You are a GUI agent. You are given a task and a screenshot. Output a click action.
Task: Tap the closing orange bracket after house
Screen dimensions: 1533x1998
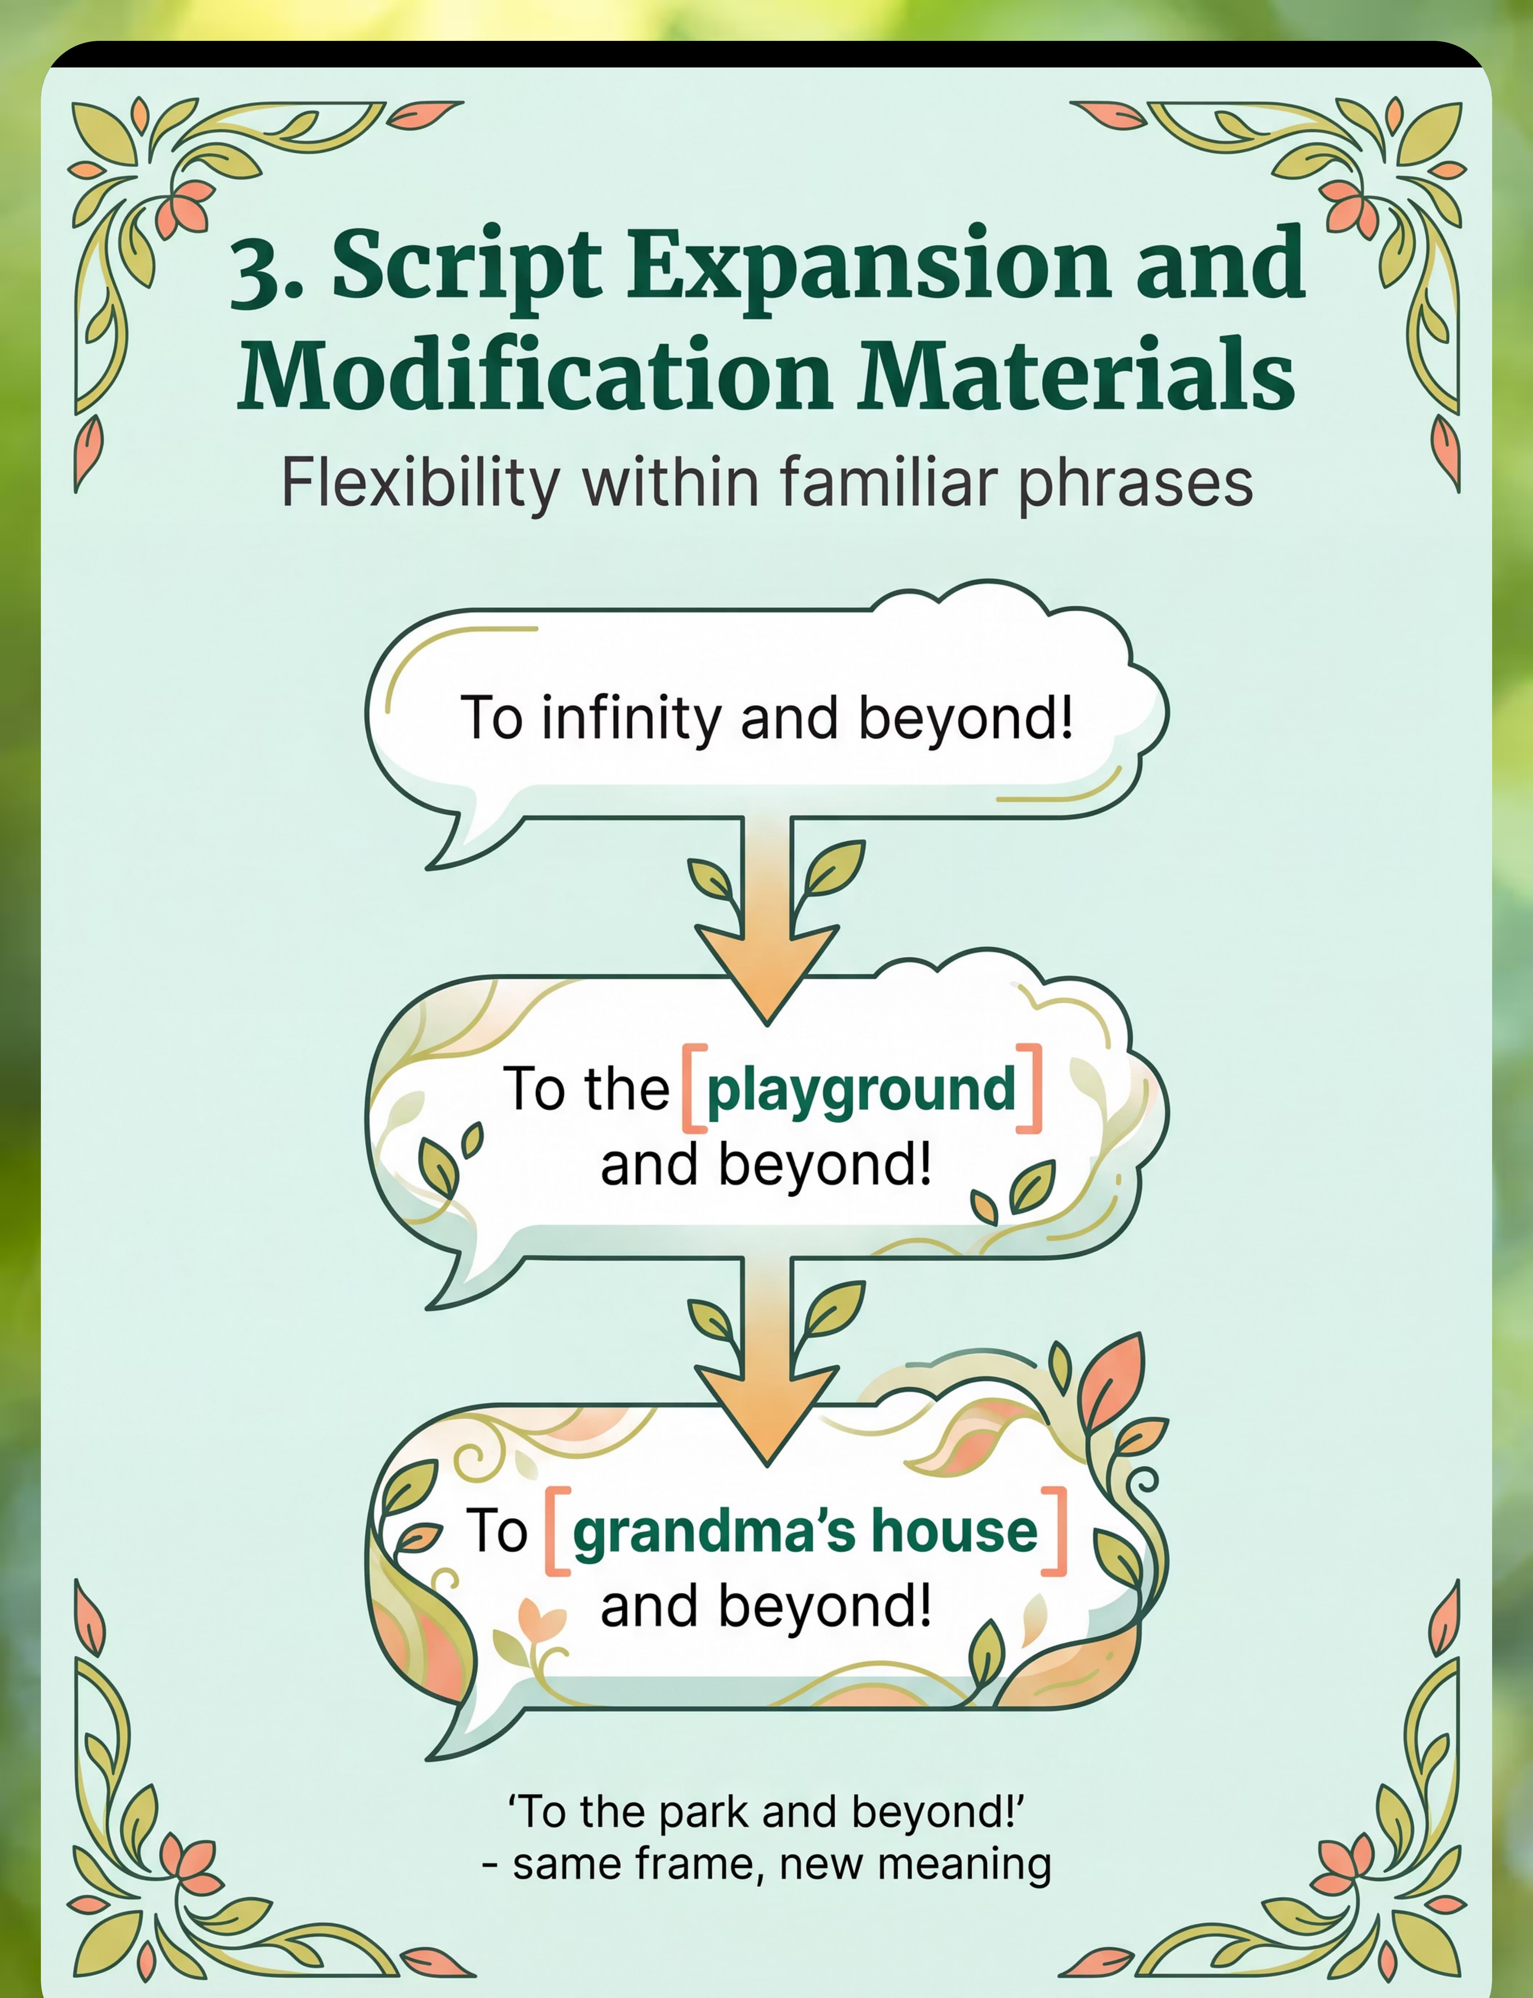pyautogui.click(x=1055, y=1531)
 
